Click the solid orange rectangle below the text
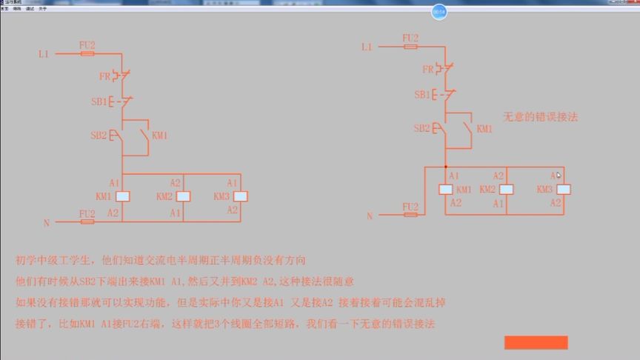pyautogui.click(x=536, y=342)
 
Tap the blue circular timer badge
pyautogui.click(x=439, y=13)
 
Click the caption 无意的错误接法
pyautogui.click(x=541, y=116)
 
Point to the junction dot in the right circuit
pyautogui.click(x=446, y=167)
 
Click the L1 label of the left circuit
pyautogui.click(x=44, y=54)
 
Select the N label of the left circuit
pyautogui.click(x=46, y=221)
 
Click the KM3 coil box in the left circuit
pyautogui.click(x=240, y=197)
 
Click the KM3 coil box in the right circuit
pyautogui.click(x=564, y=190)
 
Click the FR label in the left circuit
pyautogui.click(x=104, y=76)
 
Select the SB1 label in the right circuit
pyautogui.click(x=421, y=95)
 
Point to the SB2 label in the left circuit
pyautogui.click(x=98, y=136)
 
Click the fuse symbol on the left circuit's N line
pyautogui.click(x=87, y=221)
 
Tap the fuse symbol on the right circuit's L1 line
pyautogui.click(x=410, y=46)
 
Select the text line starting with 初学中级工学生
pyautogui.click(x=160, y=261)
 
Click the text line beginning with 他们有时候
pyautogui.click(x=185, y=282)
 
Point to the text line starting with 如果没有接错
pyautogui.click(x=230, y=304)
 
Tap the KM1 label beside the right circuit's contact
pyautogui.click(x=484, y=129)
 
